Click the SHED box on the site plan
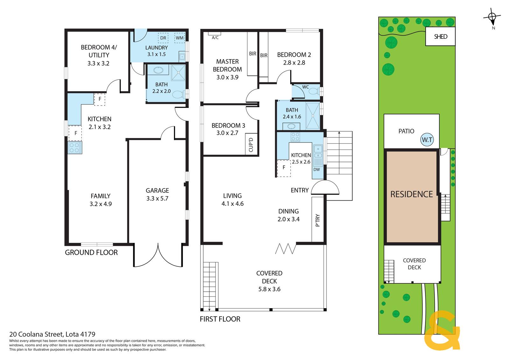tap(440, 36)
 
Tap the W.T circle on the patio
tap(427, 140)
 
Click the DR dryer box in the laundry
tap(163, 38)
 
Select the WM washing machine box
tap(179, 38)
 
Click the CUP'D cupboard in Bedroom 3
tap(251, 144)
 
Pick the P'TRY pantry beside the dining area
tap(317, 219)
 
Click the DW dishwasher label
tap(317, 170)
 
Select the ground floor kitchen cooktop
tap(75, 148)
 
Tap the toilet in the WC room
tap(315, 91)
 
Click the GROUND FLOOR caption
tap(91, 252)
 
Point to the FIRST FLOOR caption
tap(220, 319)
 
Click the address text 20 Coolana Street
tap(36, 334)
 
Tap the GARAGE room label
tap(157, 190)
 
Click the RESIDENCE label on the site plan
tap(412, 194)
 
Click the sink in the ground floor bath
tap(158, 70)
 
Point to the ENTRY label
tap(300, 190)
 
